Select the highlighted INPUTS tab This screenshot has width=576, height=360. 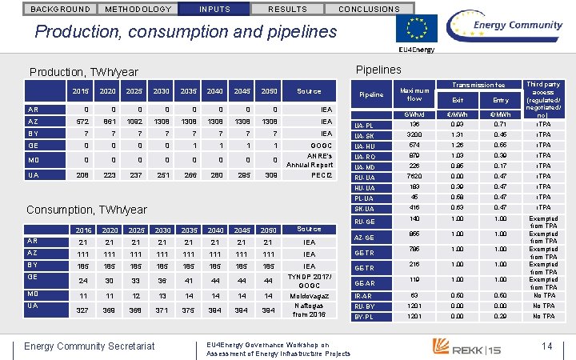pos(214,9)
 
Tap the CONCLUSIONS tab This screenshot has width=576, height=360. pos(369,9)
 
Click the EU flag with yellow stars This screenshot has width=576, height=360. pos(417,29)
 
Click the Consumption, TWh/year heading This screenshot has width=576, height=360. pos(86,210)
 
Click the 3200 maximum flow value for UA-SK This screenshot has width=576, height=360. pos(414,135)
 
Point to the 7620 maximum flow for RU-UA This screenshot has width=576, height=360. pos(414,176)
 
